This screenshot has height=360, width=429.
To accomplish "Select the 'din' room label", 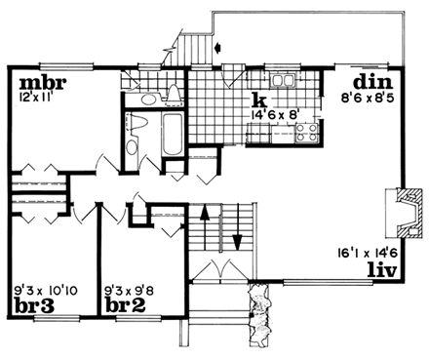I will click(x=371, y=82).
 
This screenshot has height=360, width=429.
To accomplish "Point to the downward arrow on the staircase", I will click(x=235, y=231).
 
